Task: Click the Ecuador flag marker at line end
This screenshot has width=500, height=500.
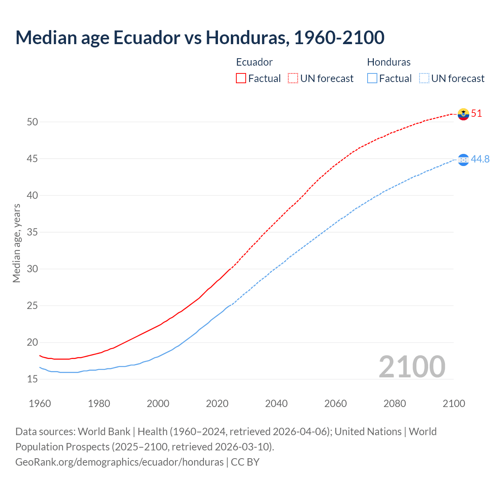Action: pyautogui.click(x=463, y=114)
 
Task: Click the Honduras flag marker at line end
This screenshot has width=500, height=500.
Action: pyautogui.click(x=463, y=159)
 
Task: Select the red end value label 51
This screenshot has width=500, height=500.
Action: pyautogui.click(x=477, y=114)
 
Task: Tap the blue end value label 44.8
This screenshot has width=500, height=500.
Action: pyautogui.click(x=480, y=159)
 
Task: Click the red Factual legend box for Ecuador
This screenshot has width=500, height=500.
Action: pyautogui.click(x=241, y=79)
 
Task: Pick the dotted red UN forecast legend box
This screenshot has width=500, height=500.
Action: pyautogui.click(x=293, y=79)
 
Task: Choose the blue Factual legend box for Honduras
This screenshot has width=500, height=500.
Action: pyautogui.click(x=372, y=79)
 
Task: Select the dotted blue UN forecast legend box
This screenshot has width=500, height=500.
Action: pyautogui.click(x=424, y=79)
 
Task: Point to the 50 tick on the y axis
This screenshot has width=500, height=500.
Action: pyautogui.click(x=32, y=122)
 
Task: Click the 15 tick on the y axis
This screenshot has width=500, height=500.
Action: pyautogui.click(x=32, y=379)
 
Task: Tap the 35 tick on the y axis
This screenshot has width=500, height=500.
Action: pyautogui.click(x=32, y=232)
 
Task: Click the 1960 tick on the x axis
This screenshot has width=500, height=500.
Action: pyautogui.click(x=40, y=404)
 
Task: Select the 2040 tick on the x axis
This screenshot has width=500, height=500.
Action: pyautogui.click(x=276, y=404)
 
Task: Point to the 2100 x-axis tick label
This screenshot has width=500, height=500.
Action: pyautogui.click(x=454, y=404)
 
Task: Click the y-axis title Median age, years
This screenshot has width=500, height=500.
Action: pyautogui.click(x=16, y=243)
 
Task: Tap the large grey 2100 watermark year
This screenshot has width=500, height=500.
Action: pyautogui.click(x=412, y=367)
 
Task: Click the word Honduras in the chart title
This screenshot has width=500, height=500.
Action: pyautogui.click(x=247, y=38)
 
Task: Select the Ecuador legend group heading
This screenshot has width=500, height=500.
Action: pyautogui.click(x=254, y=62)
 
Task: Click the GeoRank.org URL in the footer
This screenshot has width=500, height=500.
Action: pyautogui.click(x=119, y=462)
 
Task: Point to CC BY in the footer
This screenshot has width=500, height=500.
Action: pyautogui.click(x=245, y=462)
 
